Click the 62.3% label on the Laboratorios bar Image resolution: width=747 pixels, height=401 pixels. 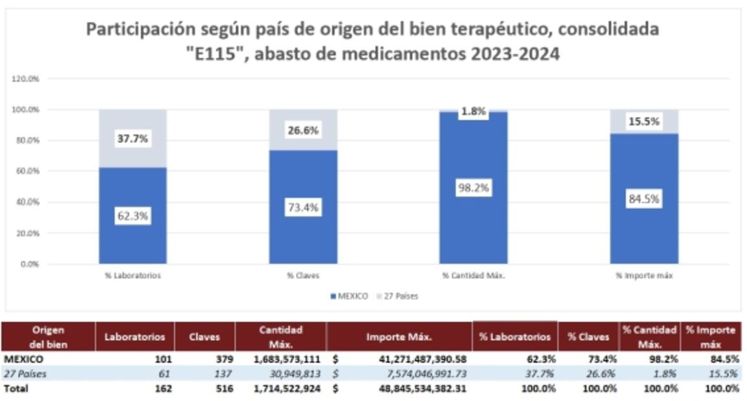(132, 217)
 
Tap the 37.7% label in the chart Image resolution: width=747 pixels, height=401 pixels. (132, 138)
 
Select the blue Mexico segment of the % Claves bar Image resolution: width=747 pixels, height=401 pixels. (303, 233)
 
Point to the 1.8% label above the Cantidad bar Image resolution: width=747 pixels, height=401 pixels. (474, 111)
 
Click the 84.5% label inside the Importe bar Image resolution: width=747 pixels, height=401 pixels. (644, 199)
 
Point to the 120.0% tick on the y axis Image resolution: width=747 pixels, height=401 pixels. (26, 78)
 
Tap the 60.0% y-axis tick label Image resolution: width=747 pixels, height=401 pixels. (26, 171)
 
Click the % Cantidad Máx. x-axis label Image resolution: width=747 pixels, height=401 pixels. (474, 276)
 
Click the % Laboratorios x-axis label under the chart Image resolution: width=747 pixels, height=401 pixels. (132, 276)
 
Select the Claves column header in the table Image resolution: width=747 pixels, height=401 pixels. (204, 336)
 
